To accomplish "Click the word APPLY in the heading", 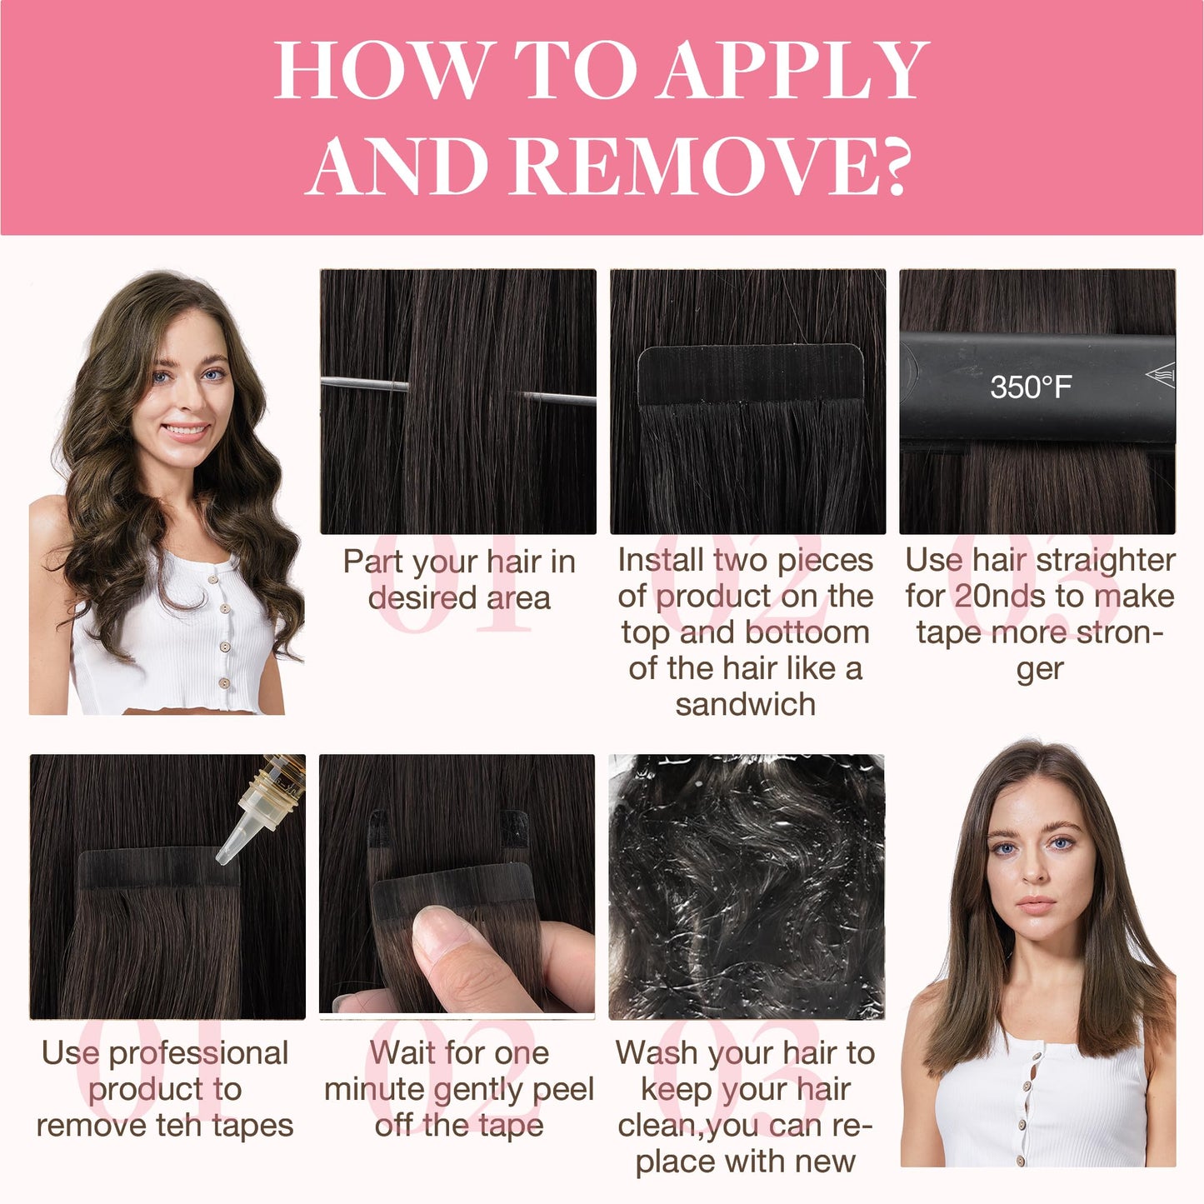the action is pyautogui.click(x=792, y=70).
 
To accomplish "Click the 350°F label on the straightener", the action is pyautogui.click(x=1031, y=387).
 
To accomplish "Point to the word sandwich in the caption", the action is pyautogui.click(x=746, y=704).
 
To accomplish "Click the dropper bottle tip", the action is pyautogui.click(x=223, y=858).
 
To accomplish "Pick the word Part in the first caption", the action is pyautogui.click(x=373, y=561).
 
